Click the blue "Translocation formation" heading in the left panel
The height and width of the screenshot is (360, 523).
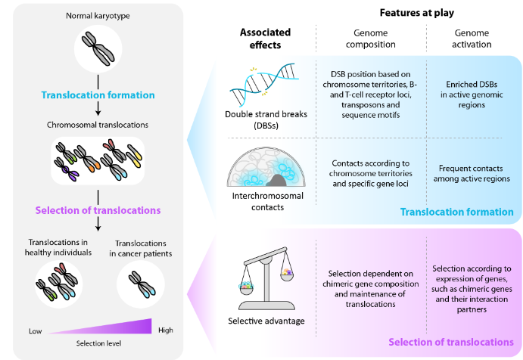98,95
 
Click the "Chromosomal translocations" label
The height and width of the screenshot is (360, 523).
98,124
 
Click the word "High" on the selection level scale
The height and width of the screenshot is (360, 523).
165,330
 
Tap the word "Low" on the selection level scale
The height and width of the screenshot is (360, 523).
36,331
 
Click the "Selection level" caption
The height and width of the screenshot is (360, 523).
98,344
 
